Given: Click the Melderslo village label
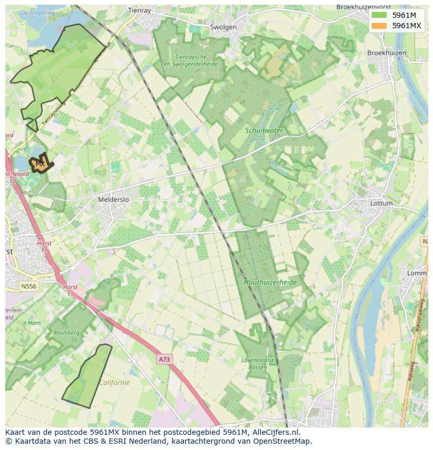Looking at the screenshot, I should [113, 200].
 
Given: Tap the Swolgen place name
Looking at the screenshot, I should [223, 27].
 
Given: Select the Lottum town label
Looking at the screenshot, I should [381, 203].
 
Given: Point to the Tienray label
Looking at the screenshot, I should [139, 10].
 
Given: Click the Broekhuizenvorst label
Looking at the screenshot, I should [364, 7].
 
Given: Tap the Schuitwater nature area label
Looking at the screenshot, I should [265, 130].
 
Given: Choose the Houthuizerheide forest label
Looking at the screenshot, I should [270, 282].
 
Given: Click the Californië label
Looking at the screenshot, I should [115, 382].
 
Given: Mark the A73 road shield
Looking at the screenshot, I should [164, 360].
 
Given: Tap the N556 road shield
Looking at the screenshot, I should [29, 286].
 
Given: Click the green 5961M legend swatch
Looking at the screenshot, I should [379, 15].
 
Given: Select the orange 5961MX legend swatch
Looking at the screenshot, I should [379, 26].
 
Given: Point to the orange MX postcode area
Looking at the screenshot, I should [40, 164].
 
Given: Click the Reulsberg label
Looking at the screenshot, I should [66, 332].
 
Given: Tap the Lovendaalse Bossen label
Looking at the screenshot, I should [255, 364].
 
